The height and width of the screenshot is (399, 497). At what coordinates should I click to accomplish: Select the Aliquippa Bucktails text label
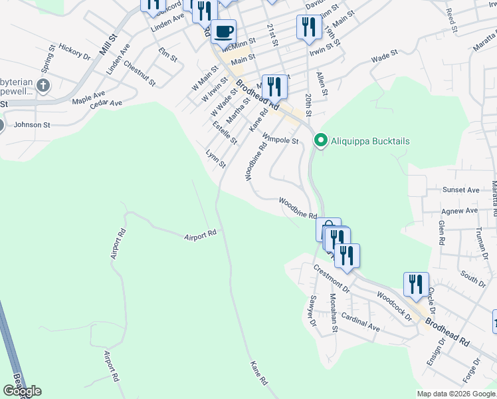tap(371, 142)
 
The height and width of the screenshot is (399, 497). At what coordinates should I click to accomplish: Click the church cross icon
tap(44, 85)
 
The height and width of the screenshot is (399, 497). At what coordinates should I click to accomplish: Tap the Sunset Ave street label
tap(460, 190)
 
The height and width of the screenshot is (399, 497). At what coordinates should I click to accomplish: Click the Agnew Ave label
tap(460, 211)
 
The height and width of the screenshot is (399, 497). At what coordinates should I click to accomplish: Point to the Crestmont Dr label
tap(332, 277)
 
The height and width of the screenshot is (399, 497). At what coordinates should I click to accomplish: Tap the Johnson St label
tap(32, 124)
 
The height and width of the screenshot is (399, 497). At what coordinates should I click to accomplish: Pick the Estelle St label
tap(225, 132)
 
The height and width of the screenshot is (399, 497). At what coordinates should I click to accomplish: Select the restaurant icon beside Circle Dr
tap(416, 284)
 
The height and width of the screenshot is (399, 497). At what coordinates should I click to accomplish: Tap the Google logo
tap(22, 391)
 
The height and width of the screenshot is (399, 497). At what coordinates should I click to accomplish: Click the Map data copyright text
tap(456, 394)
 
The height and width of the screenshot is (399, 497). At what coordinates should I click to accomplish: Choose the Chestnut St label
tap(140, 74)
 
